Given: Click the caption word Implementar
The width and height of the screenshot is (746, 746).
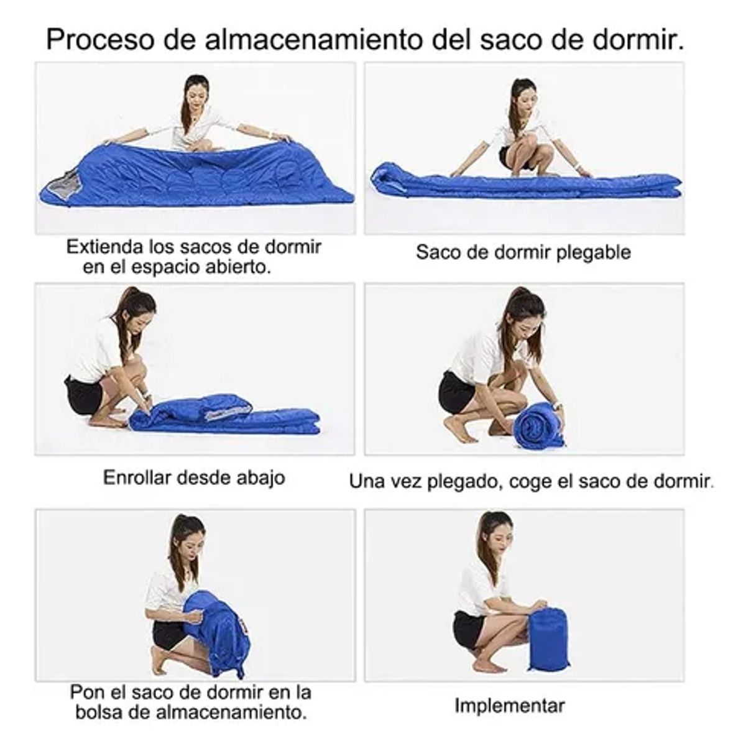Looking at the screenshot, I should click(x=509, y=706).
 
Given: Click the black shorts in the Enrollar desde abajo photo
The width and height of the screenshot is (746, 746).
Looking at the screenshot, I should click(x=83, y=394).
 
